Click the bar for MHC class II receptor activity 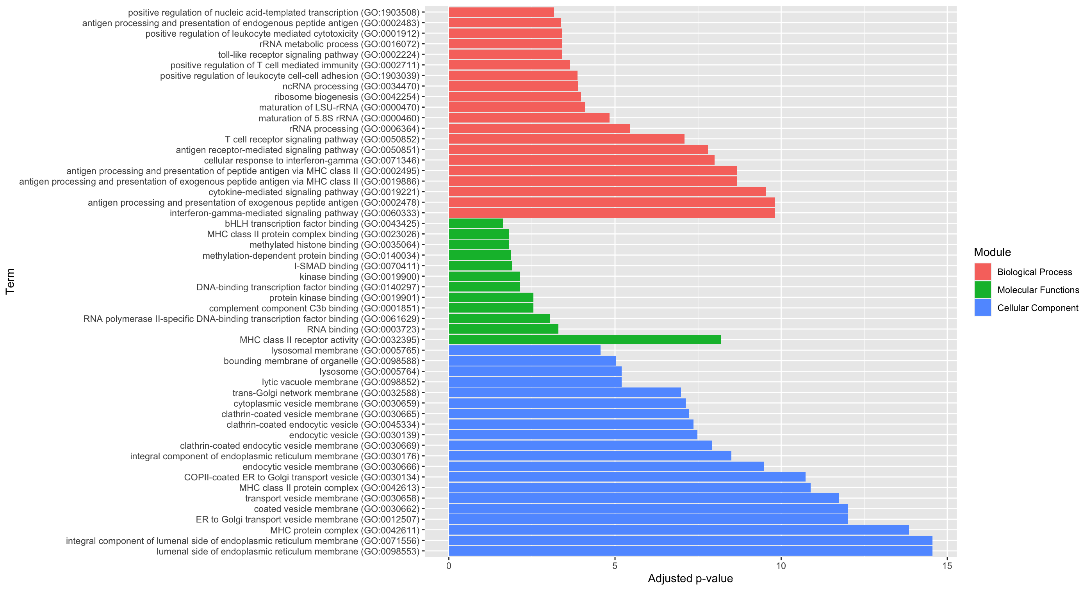585,339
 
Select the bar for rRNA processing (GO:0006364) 539,128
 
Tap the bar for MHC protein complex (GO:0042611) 679,530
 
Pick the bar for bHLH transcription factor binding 476,224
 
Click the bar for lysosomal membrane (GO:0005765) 524,350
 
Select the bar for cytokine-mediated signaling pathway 607,192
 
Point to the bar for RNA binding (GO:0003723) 503,329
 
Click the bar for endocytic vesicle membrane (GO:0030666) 606,466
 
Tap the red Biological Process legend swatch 982,272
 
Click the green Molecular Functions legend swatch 982,290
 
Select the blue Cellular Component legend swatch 982,308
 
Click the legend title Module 992,252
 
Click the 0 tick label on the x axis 449,566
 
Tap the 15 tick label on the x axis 947,566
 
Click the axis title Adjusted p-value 690,579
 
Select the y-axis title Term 10,281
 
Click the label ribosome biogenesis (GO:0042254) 346,97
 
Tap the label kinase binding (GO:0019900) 359,277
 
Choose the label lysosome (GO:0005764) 369,371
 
